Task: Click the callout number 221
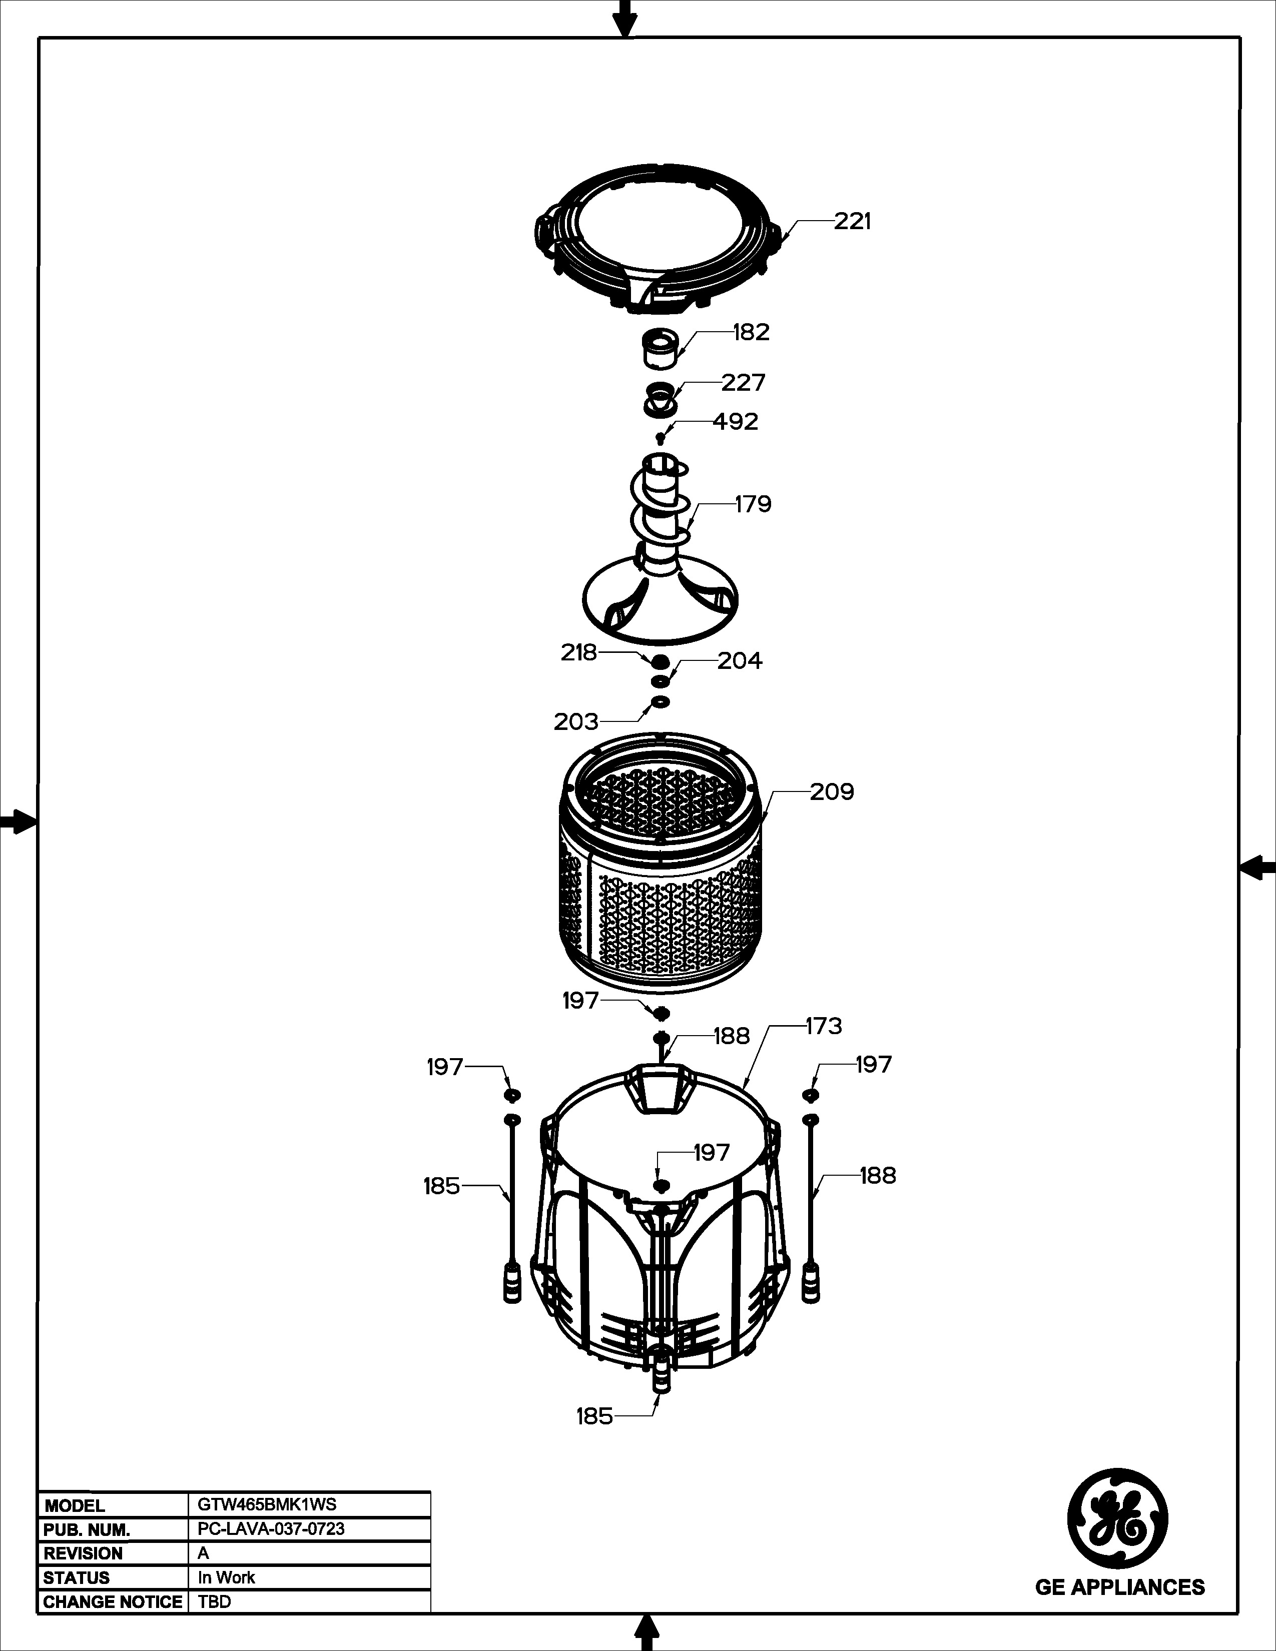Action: pyautogui.click(x=853, y=222)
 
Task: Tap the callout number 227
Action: pyautogui.click(x=743, y=383)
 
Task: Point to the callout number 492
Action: pyautogui.click(x=735, y=421)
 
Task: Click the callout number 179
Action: pyautogui.click(x=753, y=504)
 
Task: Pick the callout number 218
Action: pyautogui.click(x=579, y=652)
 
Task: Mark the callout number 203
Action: pyautogui.click(x=576, y=722)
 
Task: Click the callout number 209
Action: pyautogui.click(x=832, y=792)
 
